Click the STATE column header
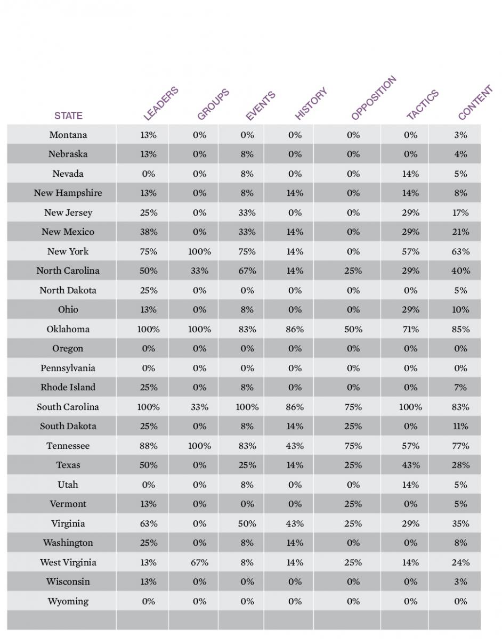pyautogui.click(x=68, y=116)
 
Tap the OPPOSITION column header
pyautogui.click(x=374, y=98)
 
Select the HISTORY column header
pyautogui.click(x=311, y=103)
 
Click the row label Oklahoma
pyautogui.click(x=68, y=329)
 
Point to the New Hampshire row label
pyautogui.click(x=68, y=193)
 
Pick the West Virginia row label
pyautogui.click(x=68, y=562)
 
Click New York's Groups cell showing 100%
pyautogui.click(x=199, y=251)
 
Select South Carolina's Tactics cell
pyautogui.click(x=410, y=407)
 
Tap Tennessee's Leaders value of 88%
pyautogui.click(x=149, y=446)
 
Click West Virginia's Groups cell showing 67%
pyautogui.click(x=199, y=562)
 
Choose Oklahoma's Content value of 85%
pyautogui.click(x=461, y=329)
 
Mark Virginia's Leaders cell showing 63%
pyautogui.click(x=149, y=524)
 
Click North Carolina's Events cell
pyautogui.click(x=247, y=271)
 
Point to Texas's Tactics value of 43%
pyautogui.click(x=410, y=465)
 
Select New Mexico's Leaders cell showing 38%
pyautogui.click(x=149, y=232)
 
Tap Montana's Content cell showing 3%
pyautogui.click(x=461, y=135)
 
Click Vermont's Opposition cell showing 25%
pyautogui.click(x=353, y=504)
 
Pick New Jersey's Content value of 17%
pyautogui.click(x=461, y=212)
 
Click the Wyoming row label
pyautogui.click(x=68, y=601)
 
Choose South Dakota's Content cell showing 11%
pyautogui.click(x=461, y=427)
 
